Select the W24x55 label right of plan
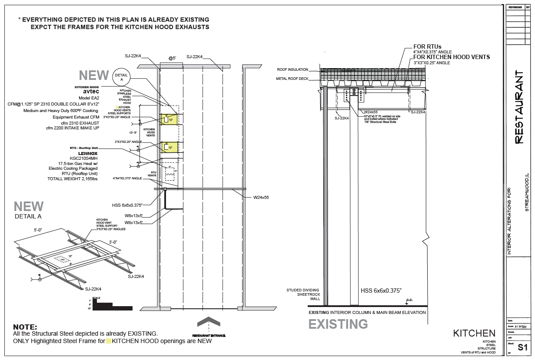coord(261,198)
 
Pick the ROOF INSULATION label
coord(292,69)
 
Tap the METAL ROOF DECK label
coord(292,79)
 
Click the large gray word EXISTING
coord(338,324)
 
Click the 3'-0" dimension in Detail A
coord(113,241)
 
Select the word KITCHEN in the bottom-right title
coord(474,333)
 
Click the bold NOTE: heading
coord(25,327)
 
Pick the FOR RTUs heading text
coord(427,46)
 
